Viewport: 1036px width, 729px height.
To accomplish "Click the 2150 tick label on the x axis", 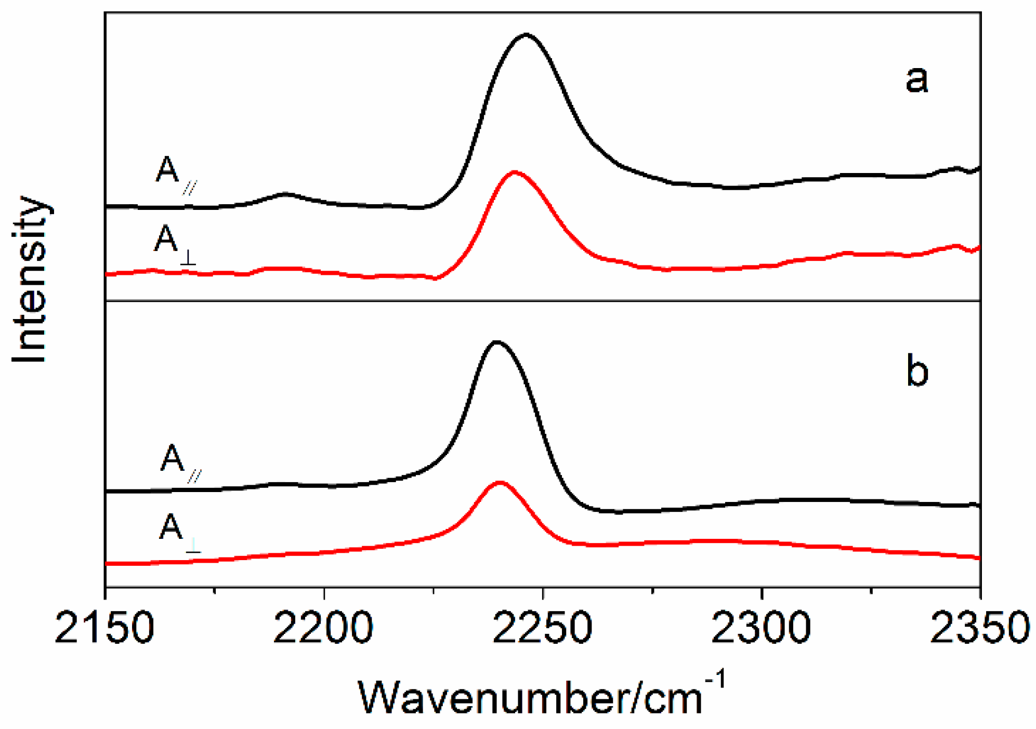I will click(104, 627).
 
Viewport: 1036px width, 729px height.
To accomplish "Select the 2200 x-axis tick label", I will click(323, 627).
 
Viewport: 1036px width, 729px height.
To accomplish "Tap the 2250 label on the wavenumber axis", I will click(542, 627).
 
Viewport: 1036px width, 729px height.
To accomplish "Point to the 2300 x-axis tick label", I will click(761, 627).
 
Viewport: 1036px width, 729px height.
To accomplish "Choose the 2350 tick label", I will click(979, 627).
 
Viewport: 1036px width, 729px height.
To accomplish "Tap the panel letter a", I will click(916, 79).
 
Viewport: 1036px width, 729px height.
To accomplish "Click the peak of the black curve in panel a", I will click(526, 35).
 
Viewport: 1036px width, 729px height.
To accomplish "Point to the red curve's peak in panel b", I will click(500, 482).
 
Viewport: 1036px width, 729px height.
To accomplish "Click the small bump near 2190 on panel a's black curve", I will click(285, 195).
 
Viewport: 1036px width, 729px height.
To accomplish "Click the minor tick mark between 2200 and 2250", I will click(434, 591).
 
